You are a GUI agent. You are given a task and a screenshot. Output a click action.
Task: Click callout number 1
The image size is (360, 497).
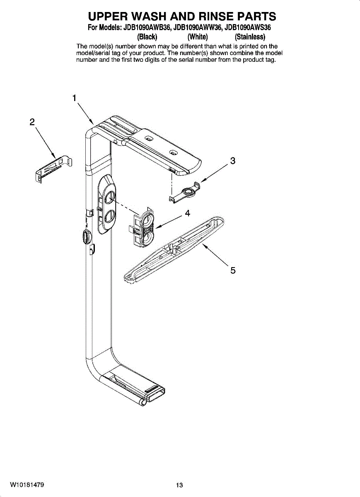coord(74,98)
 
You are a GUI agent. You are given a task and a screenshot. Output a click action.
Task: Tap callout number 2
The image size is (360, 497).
coord(32,122)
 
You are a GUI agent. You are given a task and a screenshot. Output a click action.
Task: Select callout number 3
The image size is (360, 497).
coord(232,161)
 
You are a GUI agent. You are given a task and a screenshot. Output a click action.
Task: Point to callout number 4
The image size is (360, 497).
coord(188,213)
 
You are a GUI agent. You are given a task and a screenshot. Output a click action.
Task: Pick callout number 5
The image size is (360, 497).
coord(233,270)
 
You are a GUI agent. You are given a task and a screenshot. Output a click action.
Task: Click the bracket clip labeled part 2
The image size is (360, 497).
coord(54,168)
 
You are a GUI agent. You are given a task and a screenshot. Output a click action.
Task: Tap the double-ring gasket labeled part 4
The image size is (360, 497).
coord(142,227)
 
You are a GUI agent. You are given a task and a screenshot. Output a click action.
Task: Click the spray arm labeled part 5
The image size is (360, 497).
coord(174,250)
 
